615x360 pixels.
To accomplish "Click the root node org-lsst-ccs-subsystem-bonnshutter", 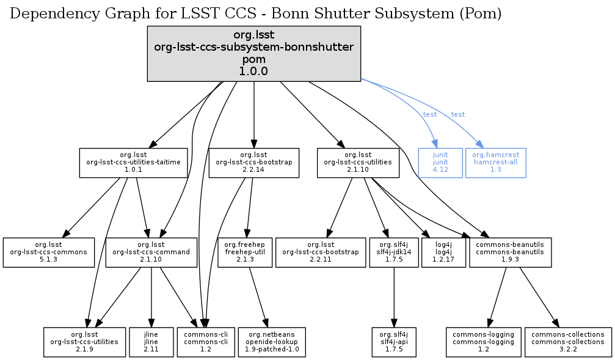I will [253, 54].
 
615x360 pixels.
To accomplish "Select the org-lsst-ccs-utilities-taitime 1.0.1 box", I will [134, 163].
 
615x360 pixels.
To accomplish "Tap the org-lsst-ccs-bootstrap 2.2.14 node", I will [253, 163].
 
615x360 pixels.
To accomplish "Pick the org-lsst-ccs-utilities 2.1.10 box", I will [358, 163].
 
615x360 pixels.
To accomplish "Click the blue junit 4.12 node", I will [440, 163].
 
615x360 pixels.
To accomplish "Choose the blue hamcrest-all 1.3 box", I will [495, 163].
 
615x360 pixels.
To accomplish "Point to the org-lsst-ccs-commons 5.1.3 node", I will [49, 252].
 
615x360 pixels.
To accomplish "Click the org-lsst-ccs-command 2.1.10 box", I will [151, 252].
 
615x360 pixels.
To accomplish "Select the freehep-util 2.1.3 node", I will [240, 252].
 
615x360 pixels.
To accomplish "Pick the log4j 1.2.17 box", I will [443, 252].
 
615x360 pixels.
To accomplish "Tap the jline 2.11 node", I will [151, 342].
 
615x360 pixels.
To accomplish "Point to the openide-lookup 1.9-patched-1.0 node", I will [272, 342].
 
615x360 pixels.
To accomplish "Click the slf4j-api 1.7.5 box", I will [393, 342].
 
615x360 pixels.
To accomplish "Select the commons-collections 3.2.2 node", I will [568, 342].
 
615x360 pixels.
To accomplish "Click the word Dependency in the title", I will [47, 14].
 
